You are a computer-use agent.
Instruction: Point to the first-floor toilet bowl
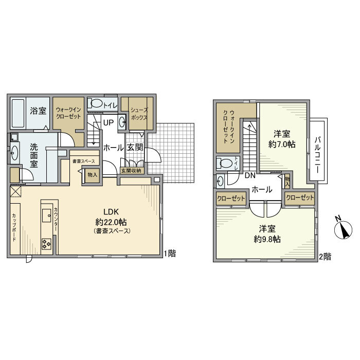pyautogui.click(x=96, y=103)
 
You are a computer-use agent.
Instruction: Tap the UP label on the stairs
pyautogui.click(x=108, y=122)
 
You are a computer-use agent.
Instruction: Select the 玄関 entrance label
pyautogui.click(x=135, y=148)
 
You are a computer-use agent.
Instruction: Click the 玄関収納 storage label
pyautogui.click(x=132, y=170)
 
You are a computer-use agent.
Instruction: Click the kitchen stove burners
pyautogui.click(x=46, y=243)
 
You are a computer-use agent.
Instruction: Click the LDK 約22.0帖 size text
pyautogui.click(x=111, y=222)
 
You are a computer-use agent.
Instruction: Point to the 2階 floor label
pyautogui.click(x=325, y=256)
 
